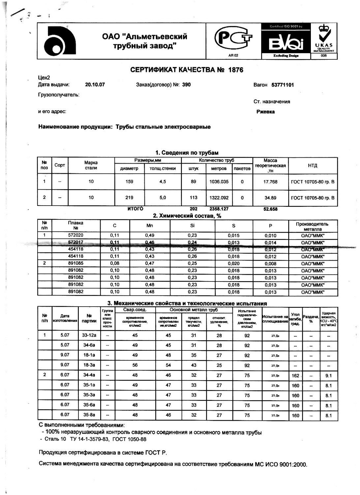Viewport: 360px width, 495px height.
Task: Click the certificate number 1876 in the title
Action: [235, 70]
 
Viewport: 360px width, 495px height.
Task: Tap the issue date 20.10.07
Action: [95, 85]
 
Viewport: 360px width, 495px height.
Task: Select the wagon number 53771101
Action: [283, 85]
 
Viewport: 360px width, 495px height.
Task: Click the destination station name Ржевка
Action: [265, 112]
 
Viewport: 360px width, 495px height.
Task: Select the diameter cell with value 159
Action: [130, 181]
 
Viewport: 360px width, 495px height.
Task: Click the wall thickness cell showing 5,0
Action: [163, 198]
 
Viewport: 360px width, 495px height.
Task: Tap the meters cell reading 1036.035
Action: [219, 181]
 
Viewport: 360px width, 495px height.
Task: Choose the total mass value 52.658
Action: [271, 209]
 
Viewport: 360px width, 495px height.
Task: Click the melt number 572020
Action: [76, 236]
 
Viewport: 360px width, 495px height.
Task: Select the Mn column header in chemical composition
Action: [150, 226]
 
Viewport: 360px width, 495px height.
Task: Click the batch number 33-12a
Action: [89, 336]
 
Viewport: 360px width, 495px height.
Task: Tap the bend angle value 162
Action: [295, 376]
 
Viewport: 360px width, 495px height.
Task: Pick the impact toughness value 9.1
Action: [328, 376]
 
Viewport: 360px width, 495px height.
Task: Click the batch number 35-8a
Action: [89, 415]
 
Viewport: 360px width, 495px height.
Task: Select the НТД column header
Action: [313, 166]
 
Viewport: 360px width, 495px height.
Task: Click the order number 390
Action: [186, 85]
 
